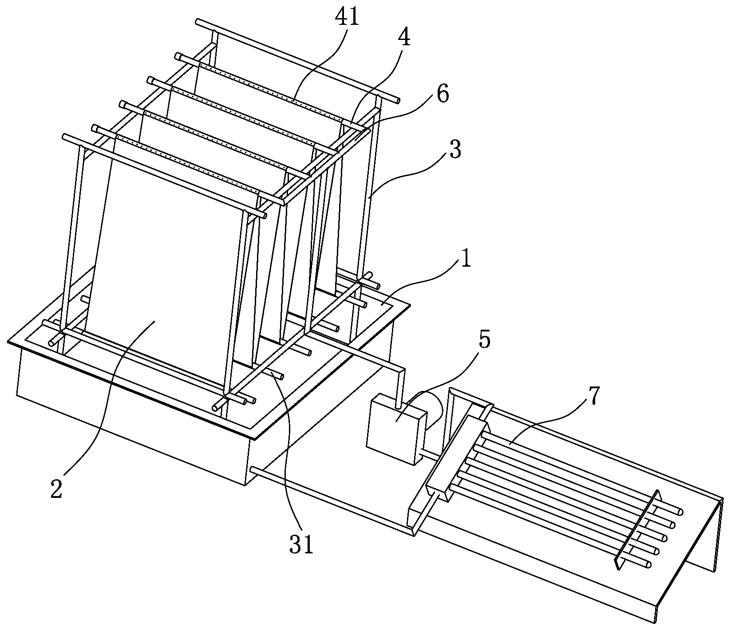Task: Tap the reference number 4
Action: tap(403, 38)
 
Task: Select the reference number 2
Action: tap(56, 489)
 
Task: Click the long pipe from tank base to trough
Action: tap(333, 499)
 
